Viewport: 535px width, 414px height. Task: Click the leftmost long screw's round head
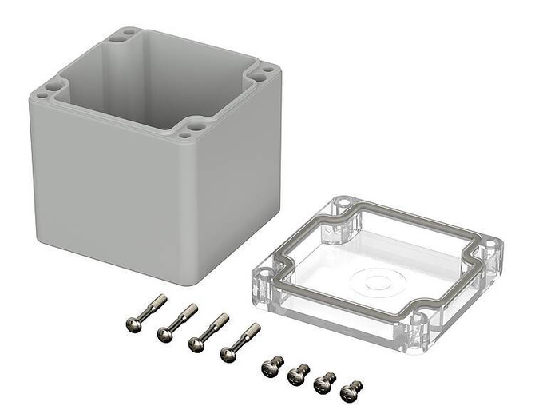pyautogui.click(x=133, y=324)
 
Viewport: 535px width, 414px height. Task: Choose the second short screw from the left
pyautogui.click(x=298, y=374)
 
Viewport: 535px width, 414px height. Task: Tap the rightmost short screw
pyautogui.click(x=350, y=392)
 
